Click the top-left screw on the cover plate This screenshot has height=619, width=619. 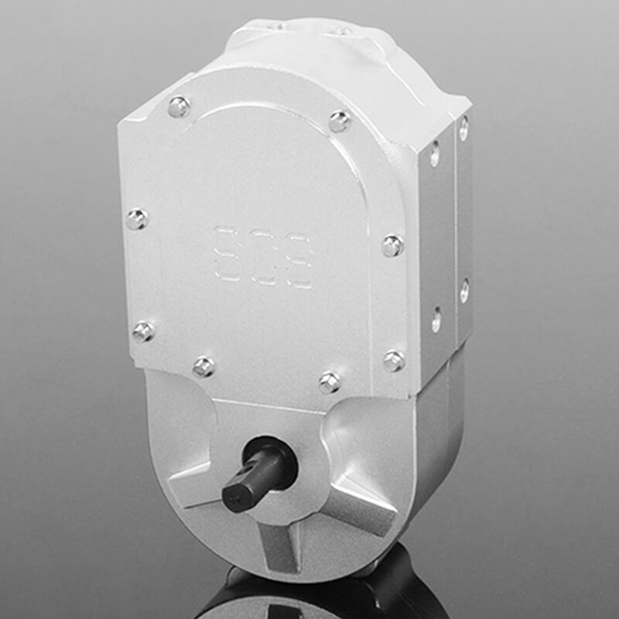click(x=179, y=107)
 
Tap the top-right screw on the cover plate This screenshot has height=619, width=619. click(x=339, y=121)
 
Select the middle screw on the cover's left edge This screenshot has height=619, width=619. click(x=137, y=219)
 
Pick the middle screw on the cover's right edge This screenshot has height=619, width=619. click(x=392, y=246)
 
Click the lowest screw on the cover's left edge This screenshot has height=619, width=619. click(x=143, y=331)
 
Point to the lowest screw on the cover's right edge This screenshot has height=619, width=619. click(x=394, y=360)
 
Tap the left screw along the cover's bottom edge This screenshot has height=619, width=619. click(x=203, y=366)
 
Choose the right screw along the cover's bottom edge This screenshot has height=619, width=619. click(x=330, y=381)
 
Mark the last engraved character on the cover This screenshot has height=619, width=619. click(x=299, y=263)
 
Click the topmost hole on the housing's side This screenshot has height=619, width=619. click(x=463, y=128)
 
